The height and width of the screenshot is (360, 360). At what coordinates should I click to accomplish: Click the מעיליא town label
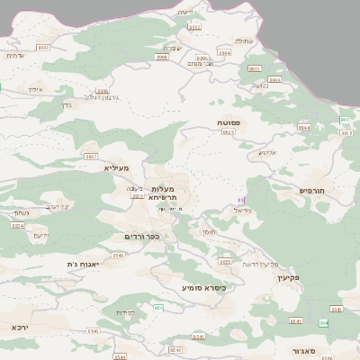click(117, 168)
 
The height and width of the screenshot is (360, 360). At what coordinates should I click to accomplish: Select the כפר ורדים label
click(142, 237)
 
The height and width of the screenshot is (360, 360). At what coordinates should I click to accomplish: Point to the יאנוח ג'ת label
click(84, 264)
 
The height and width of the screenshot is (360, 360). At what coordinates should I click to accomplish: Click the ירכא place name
click(20, 327)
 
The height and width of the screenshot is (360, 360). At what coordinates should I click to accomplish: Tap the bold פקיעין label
click(287, 278)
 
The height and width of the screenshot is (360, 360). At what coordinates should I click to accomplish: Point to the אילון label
click(34, 90)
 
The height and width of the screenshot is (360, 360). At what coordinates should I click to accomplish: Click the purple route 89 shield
click(240, 200)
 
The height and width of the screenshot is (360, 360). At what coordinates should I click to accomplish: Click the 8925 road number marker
click(228, 132)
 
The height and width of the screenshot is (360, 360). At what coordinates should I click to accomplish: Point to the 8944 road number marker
click(304, 128)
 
